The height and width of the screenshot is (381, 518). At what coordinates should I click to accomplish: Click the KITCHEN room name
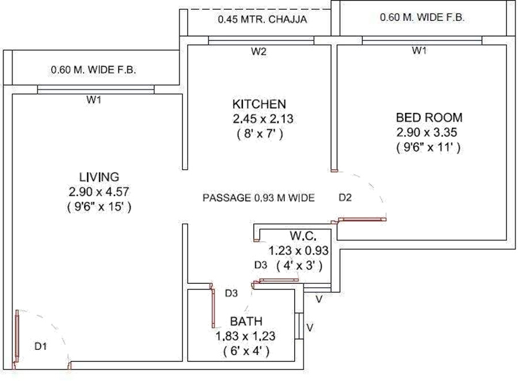(259, 104)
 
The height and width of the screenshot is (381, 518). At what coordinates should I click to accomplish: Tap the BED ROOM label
(429, 118)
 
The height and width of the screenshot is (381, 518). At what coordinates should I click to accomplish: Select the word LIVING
(98, 176)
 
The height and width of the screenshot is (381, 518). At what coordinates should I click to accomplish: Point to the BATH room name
(246, 321)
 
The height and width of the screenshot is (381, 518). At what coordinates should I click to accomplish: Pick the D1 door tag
(40, 346)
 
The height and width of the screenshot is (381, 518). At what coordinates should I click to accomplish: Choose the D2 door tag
(345, 198)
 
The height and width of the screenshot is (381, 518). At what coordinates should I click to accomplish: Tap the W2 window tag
(258, 52)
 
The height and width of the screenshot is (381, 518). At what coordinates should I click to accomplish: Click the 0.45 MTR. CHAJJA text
(262, 20)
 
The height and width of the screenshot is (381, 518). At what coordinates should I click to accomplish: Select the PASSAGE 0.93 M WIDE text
(258, 198)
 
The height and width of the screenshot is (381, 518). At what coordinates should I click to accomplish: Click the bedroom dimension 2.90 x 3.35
(429, 133)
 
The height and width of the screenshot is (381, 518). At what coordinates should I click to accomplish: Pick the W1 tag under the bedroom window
(419, 51)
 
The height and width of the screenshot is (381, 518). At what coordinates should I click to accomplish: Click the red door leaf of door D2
(362, 219)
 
